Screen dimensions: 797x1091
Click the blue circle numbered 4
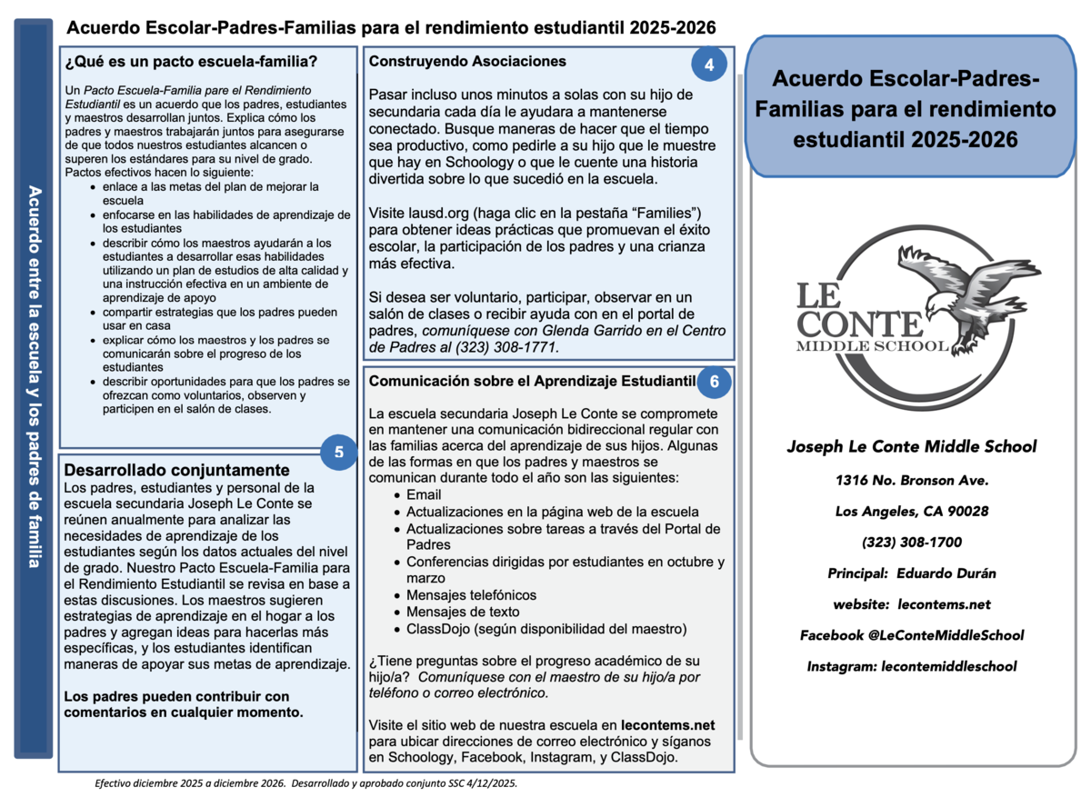709,65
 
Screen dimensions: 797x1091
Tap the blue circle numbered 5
338,452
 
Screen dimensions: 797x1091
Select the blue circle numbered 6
715,382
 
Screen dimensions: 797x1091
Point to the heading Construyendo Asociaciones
467,62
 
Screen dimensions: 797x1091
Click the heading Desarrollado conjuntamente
176,470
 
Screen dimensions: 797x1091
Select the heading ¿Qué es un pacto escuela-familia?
191,63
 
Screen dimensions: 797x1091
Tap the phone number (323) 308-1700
911,543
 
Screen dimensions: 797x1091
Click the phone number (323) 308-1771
515,347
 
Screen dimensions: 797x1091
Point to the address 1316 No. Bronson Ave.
911,480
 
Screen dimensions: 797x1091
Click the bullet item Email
424,494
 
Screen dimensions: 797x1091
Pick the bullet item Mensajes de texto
463,612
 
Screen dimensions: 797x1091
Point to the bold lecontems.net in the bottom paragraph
668,725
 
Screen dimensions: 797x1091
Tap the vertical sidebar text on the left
34,377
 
